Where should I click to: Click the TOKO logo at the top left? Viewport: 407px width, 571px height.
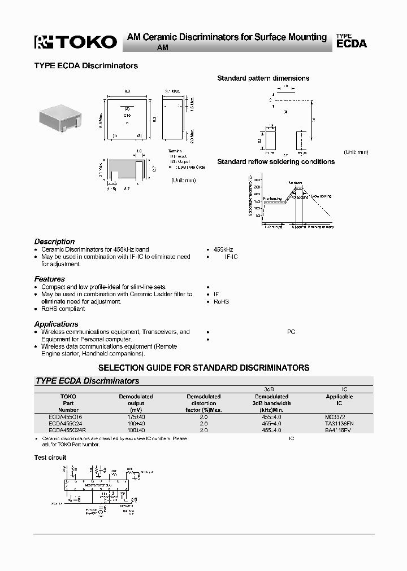coord(75,41)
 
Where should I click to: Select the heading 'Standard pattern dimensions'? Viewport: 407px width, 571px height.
coord(263,78)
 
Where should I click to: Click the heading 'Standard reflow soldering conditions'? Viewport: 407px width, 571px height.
coord(276,162)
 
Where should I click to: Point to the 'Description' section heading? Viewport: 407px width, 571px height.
coord(54,241)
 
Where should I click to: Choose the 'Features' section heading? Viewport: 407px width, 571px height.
coord(50,279)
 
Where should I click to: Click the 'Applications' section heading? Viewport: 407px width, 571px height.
coord(57,324)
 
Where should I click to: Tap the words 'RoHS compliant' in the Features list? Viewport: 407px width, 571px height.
coord(63,309)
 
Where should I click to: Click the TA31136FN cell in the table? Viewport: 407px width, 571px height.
coord(339,423)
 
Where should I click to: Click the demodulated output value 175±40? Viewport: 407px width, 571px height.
coord(136,416)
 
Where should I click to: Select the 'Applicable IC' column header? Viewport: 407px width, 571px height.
coord(339,400)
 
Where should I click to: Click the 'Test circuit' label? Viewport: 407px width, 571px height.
coord(50,458)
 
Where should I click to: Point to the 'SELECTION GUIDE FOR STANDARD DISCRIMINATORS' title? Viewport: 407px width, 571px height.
coord(204,367)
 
